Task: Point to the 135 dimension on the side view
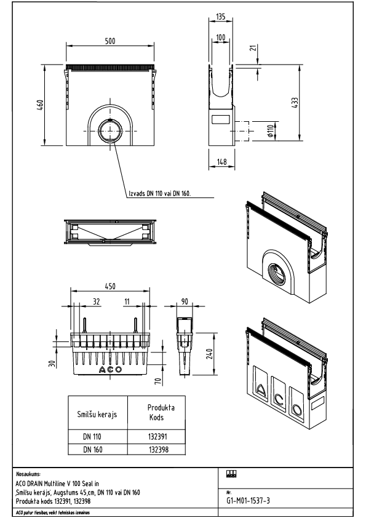(221, 17)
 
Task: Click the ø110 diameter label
(271, 130)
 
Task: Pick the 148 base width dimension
(221, 162)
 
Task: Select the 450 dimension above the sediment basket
(110, 287)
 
